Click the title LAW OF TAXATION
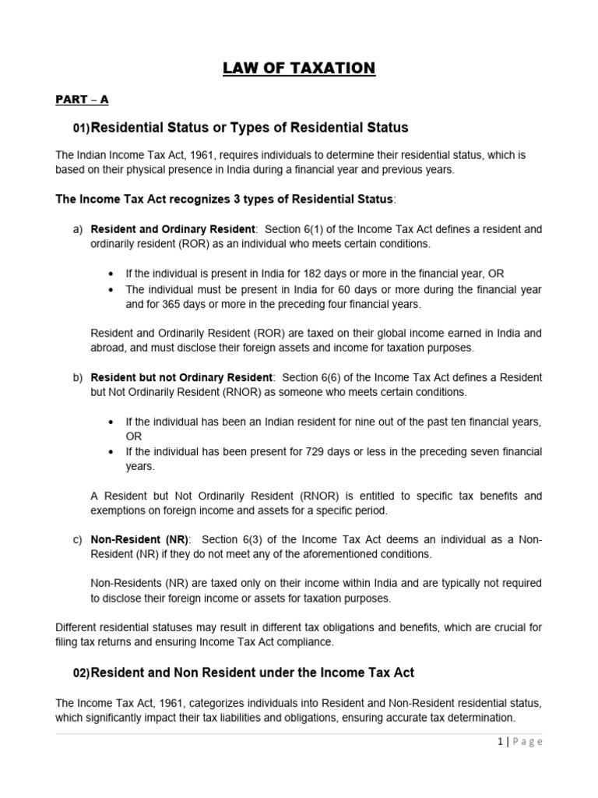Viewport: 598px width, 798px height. (299, 69)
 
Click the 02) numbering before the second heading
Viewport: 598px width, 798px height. (81, 673)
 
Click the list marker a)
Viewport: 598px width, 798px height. (77, 229)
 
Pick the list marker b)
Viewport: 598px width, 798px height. (77, 377)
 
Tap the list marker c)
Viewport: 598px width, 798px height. (77, 540)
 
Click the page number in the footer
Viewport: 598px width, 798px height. (498, 742)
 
